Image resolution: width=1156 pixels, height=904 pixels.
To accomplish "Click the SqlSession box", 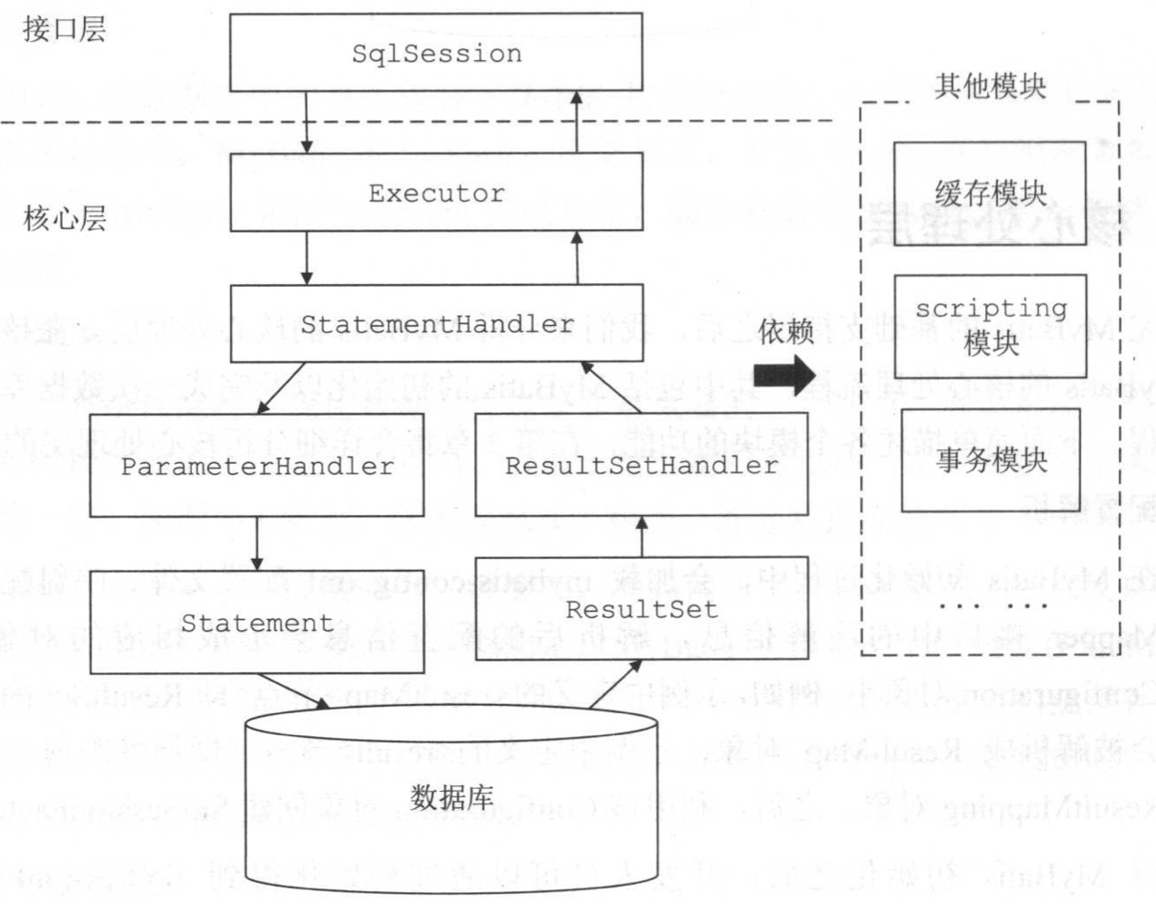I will (436, 52).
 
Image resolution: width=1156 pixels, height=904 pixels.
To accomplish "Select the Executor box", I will (436, 193).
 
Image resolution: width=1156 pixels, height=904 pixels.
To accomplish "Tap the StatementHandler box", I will (436, 323).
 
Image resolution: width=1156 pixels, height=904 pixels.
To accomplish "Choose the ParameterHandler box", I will (257, 466).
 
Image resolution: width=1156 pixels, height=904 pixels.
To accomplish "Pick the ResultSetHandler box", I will (641, 466).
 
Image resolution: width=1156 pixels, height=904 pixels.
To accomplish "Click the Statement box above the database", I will (257, 623).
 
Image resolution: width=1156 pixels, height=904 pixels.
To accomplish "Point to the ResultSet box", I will (641, 608).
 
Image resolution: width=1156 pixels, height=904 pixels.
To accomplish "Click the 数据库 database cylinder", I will (451, 798).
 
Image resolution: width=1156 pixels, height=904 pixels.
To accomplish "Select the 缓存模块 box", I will (990, 193).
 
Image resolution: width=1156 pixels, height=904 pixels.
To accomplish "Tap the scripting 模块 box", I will (990, 326).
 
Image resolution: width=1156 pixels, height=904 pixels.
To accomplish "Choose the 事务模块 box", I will (990, 459).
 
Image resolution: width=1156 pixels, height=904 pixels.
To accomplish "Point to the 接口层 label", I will (64, 29).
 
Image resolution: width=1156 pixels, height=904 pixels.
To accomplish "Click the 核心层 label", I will (64, 218).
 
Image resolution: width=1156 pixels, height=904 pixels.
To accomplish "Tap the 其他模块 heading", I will (990, 87).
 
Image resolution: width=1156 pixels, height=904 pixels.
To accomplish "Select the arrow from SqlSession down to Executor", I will (307, 122).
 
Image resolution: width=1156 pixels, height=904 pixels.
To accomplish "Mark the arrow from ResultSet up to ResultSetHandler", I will (641, 537).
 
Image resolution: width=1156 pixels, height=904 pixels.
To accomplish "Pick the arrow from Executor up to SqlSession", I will (577, 122).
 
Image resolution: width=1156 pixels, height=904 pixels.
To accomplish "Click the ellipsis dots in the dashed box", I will (990, 604).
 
